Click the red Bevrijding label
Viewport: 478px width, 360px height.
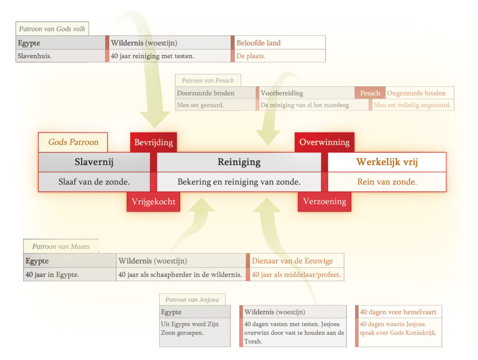154,142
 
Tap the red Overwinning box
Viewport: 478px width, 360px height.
324,142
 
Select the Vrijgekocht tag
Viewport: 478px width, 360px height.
154,201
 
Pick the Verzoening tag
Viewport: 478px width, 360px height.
324,201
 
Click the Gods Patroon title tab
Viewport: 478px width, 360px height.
73,142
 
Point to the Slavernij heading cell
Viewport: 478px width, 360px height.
94,162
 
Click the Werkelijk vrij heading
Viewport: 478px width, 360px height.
387,162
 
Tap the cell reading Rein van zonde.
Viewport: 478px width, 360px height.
387,182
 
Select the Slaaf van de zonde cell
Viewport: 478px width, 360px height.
94,182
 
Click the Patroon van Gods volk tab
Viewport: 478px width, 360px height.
52,29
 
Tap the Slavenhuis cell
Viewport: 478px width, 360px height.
61,56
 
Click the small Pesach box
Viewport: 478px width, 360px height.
370,93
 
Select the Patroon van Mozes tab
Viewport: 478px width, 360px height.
61,246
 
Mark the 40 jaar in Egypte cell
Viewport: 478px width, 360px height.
70,275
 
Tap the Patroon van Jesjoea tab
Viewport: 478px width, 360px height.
192,299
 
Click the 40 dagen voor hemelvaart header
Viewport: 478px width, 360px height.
400,312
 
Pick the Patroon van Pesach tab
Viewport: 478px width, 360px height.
208,80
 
